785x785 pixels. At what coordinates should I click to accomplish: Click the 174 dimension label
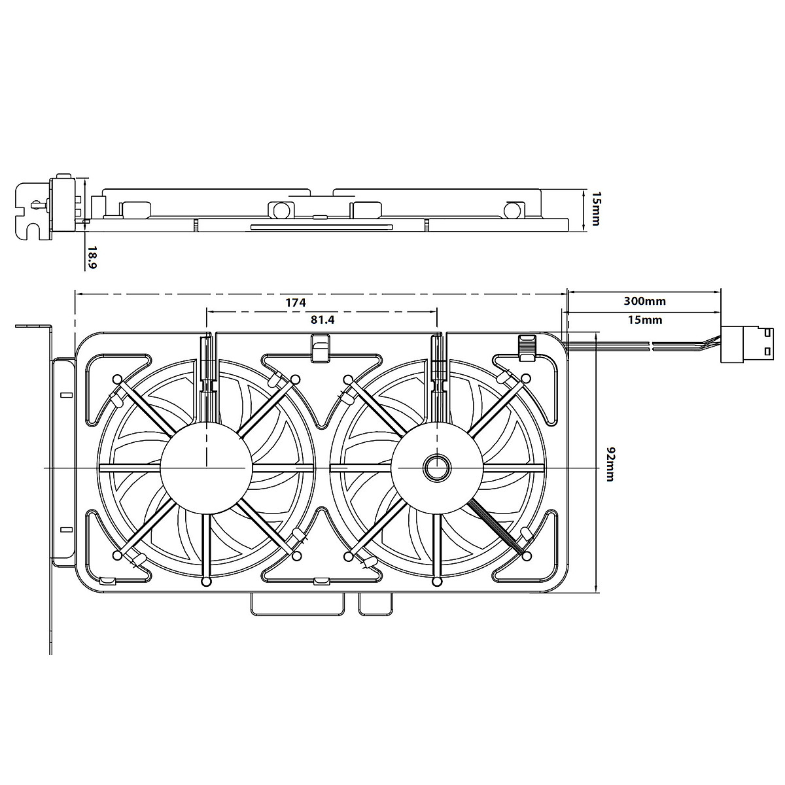pos(295,303)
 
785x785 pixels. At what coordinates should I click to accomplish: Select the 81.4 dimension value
pos(323,320)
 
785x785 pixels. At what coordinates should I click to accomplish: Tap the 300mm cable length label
pos(644,302)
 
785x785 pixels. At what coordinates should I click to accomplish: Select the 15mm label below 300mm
pos(644,320)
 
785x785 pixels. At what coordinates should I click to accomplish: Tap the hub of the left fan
pos(207,468)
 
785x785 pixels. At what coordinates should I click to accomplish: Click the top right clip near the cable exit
pos(527,347)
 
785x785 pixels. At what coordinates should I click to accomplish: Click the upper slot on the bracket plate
pos(65,396)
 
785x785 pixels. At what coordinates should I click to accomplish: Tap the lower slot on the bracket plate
pos(65,529)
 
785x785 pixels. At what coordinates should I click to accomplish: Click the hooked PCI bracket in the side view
pos(33,209)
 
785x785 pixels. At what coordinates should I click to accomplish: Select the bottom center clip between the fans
pos(322,581)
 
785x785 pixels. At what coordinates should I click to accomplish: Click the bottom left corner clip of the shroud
pos(107,580)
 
